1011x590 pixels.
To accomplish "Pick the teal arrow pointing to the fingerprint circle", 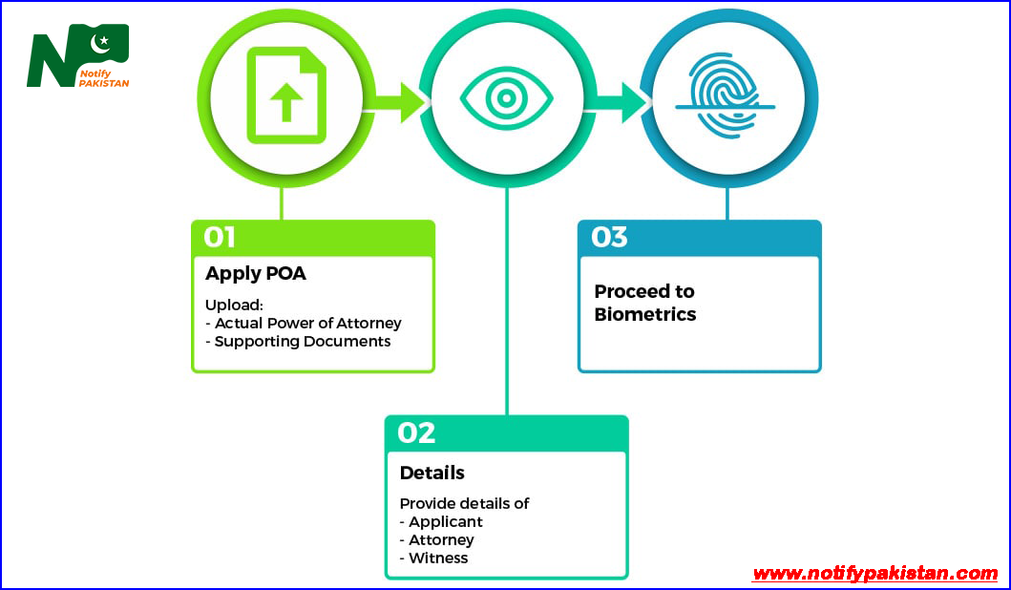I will click(x=622, y=100).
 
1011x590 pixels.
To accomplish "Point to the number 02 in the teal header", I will click(x=416, y=432).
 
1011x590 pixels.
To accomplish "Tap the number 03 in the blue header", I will click(x=609, y=237).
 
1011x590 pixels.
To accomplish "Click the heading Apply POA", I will click(x=256, y=273).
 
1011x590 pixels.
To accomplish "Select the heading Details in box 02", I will click(x=432, y=473).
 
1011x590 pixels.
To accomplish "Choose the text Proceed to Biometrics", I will click(x=644, y=303).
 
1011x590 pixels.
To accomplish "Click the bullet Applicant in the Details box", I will click(x=445, y=522).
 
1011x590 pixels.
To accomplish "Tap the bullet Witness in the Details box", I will click(x=438, y=558).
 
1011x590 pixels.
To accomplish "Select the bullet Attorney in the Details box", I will click(x=441, y=539).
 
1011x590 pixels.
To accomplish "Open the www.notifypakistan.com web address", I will click(x=874, y=573).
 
